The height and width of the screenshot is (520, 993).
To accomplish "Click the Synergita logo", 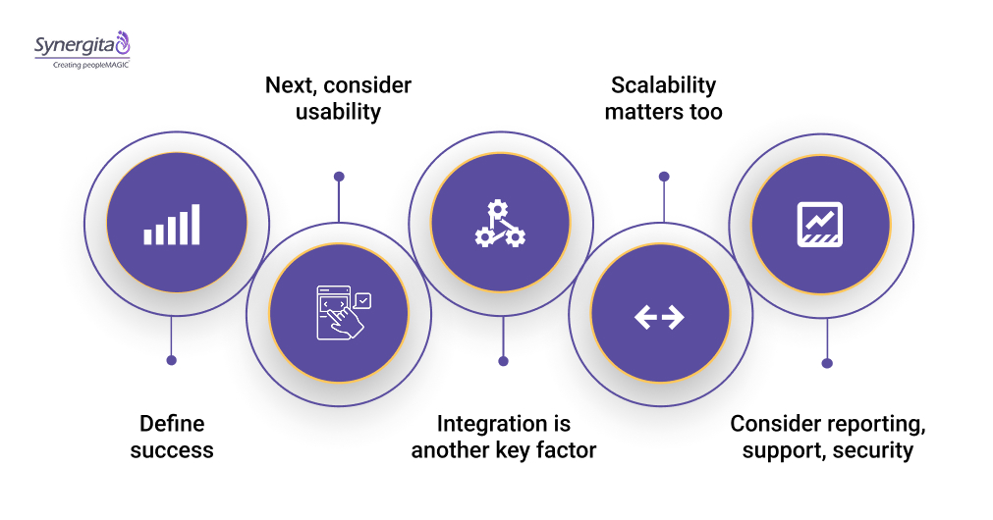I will click(x=82, y=45).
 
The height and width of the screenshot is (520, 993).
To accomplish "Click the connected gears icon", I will click(x=500, y=223).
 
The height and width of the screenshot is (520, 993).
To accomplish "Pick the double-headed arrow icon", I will click(x=659, y=316).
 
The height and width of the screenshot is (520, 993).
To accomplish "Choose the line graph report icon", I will click(x=819, y=224).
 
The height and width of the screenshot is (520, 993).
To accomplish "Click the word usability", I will click(x=338, y=112).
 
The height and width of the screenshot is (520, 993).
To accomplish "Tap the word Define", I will click(x=172, y=424).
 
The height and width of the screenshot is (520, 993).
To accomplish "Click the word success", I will click(x=172, y=450).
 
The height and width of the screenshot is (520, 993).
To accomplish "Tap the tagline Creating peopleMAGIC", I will click(x=82, y=64).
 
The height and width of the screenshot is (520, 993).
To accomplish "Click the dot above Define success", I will click(x=172, y=360).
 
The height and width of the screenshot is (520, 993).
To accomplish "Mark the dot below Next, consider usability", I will click(x=339, y=177).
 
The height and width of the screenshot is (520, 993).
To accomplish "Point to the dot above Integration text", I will click(x=503, y=361).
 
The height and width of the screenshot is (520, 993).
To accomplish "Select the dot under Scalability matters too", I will click(x=664, y=177).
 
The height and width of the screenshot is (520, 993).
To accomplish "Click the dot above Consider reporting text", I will click(x=827, y=363).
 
